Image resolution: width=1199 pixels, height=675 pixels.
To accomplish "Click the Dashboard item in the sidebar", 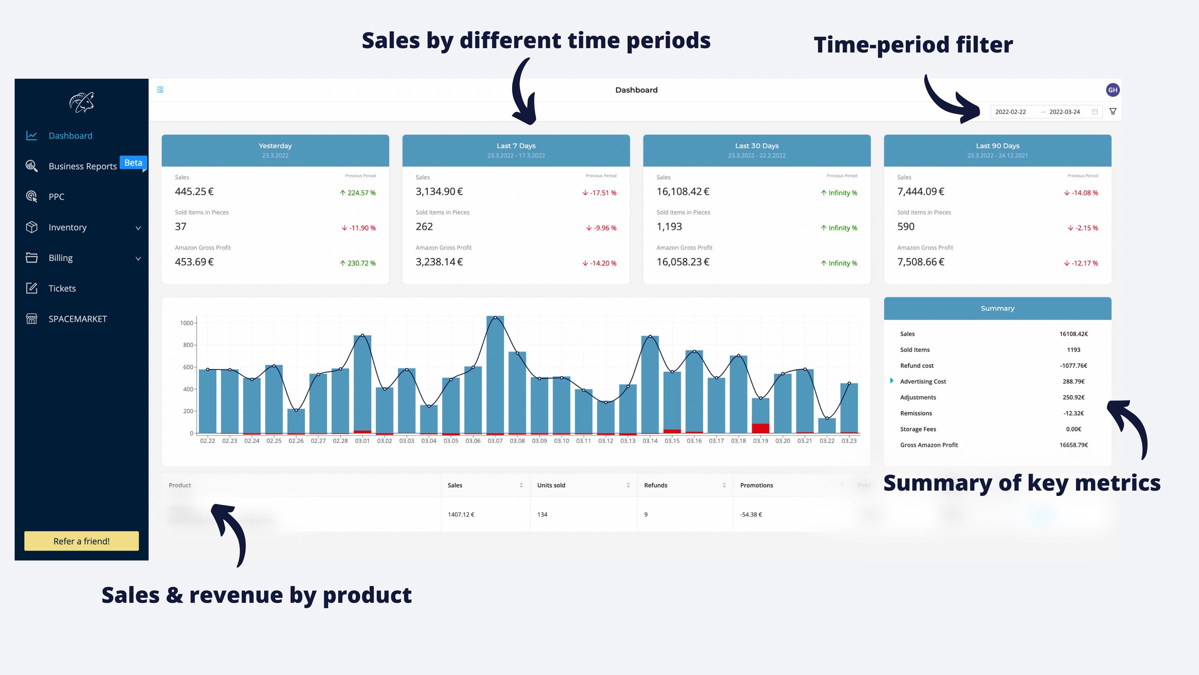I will [70, 136].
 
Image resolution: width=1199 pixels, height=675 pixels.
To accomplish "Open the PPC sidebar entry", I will [56, 197].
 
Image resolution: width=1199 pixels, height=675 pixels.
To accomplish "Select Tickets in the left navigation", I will [62, 288].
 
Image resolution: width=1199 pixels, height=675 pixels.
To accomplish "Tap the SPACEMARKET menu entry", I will [77, 319].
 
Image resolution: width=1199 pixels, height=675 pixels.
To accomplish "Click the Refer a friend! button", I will [81, 541].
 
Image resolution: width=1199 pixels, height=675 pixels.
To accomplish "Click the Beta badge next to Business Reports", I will [133, 163].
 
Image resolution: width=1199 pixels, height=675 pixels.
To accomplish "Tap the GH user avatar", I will [1113, 90].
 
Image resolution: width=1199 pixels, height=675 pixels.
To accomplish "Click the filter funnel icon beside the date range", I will [1113, 111].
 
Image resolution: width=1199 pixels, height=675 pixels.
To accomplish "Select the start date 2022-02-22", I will [1010, 112].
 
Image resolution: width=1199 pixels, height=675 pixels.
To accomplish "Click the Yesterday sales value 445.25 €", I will [194, 191].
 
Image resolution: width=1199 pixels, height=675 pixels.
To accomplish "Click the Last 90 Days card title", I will [997, 146].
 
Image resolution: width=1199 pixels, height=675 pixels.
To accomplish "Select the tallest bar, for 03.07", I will [495, 375].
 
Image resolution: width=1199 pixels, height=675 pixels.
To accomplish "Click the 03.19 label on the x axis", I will [760, 441].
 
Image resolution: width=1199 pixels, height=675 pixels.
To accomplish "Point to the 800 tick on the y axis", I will [188, 345].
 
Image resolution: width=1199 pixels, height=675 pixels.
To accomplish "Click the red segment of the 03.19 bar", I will [760, 428].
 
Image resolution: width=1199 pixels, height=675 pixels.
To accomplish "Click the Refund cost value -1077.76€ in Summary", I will [1073, 366].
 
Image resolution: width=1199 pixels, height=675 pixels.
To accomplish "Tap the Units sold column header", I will [551, 485].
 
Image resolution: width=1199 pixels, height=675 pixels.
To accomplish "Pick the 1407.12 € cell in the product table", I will [461, 514].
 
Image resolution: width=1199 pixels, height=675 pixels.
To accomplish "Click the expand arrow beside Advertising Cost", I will [892, 381].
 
